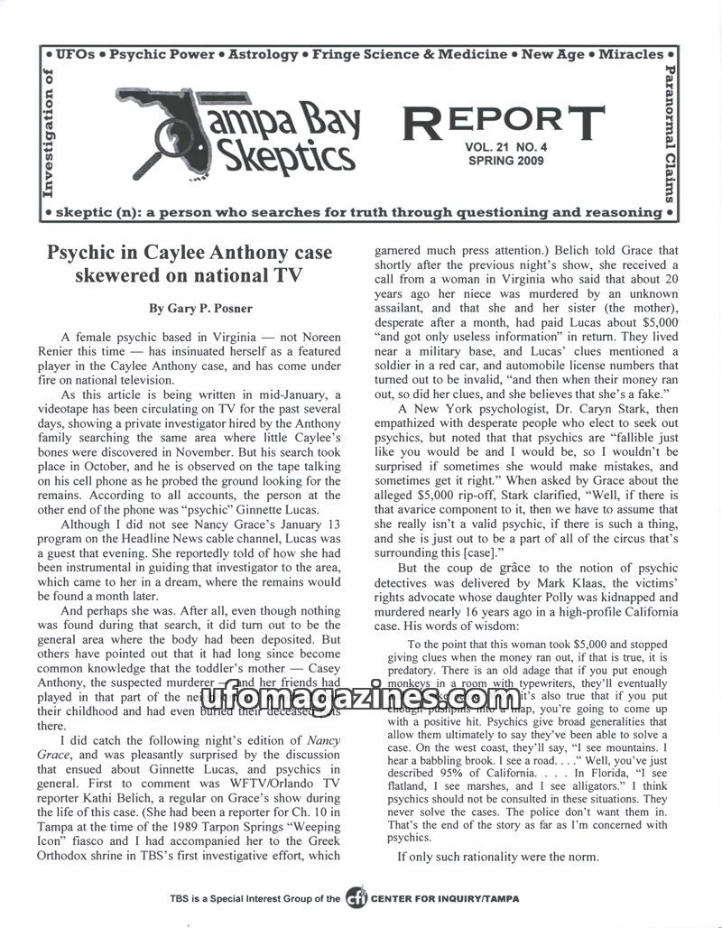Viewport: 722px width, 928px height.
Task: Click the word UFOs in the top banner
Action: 73,54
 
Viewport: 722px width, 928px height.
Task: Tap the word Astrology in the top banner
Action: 263,54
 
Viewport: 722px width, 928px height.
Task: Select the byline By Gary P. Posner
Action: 189,309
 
